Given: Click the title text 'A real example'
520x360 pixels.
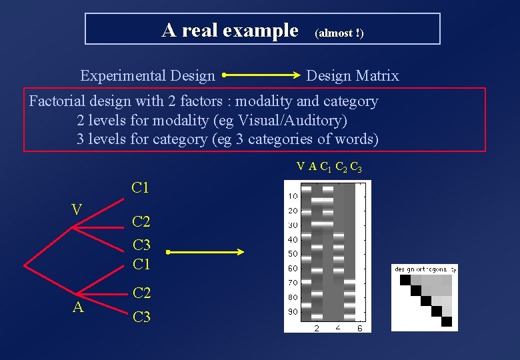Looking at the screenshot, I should pos(230,30).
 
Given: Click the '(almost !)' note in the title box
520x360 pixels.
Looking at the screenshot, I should pos(339,33).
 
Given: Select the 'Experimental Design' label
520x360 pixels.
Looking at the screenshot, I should pos(147,76).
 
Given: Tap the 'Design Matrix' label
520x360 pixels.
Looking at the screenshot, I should pos(352,76).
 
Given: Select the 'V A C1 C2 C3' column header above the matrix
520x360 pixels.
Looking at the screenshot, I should pos(329,167).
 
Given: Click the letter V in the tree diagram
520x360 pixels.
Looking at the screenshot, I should pos(77,210).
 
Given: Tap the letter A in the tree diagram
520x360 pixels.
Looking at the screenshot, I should pos(78,307).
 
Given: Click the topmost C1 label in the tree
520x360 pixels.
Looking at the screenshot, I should pos(141,188).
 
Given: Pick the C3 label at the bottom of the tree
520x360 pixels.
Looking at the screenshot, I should pos(141,317).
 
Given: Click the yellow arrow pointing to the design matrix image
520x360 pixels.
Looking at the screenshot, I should pos(206,252).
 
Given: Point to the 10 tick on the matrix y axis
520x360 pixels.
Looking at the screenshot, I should pos(293,196).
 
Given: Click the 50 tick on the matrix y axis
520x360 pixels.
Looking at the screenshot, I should pos(293,254).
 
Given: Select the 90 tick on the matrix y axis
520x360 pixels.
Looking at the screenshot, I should pos(293,311).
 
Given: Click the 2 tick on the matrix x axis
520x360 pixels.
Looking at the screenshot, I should pos(316,328).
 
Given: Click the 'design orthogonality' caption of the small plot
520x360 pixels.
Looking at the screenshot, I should pos(425,269).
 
